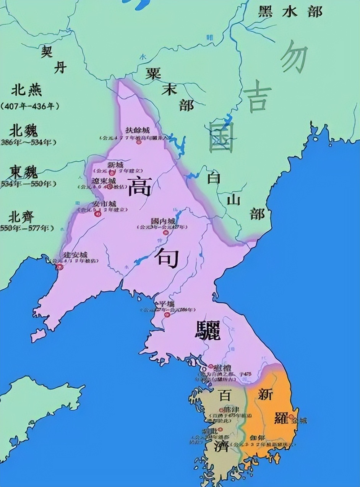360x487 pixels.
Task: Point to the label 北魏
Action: point(24,131)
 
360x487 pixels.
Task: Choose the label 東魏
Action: point(24,172)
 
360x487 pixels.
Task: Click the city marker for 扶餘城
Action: point(138,142)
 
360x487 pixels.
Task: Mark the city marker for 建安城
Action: point(58,266)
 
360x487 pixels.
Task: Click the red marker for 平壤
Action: point(167,315)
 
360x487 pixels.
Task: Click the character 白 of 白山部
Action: point(214,178)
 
